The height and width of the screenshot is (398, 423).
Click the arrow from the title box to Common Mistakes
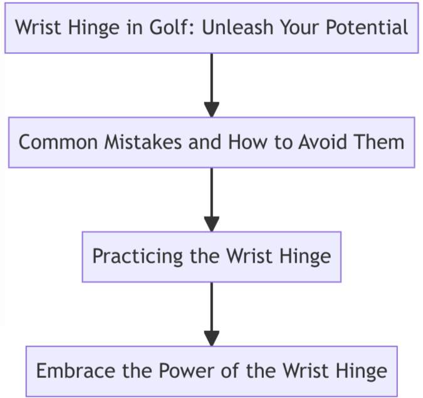point(212,85)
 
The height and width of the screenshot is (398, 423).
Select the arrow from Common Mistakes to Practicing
point(212,199)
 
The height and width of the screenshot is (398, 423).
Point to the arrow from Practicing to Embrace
point(212,313)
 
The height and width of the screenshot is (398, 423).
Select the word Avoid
point(313,142)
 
